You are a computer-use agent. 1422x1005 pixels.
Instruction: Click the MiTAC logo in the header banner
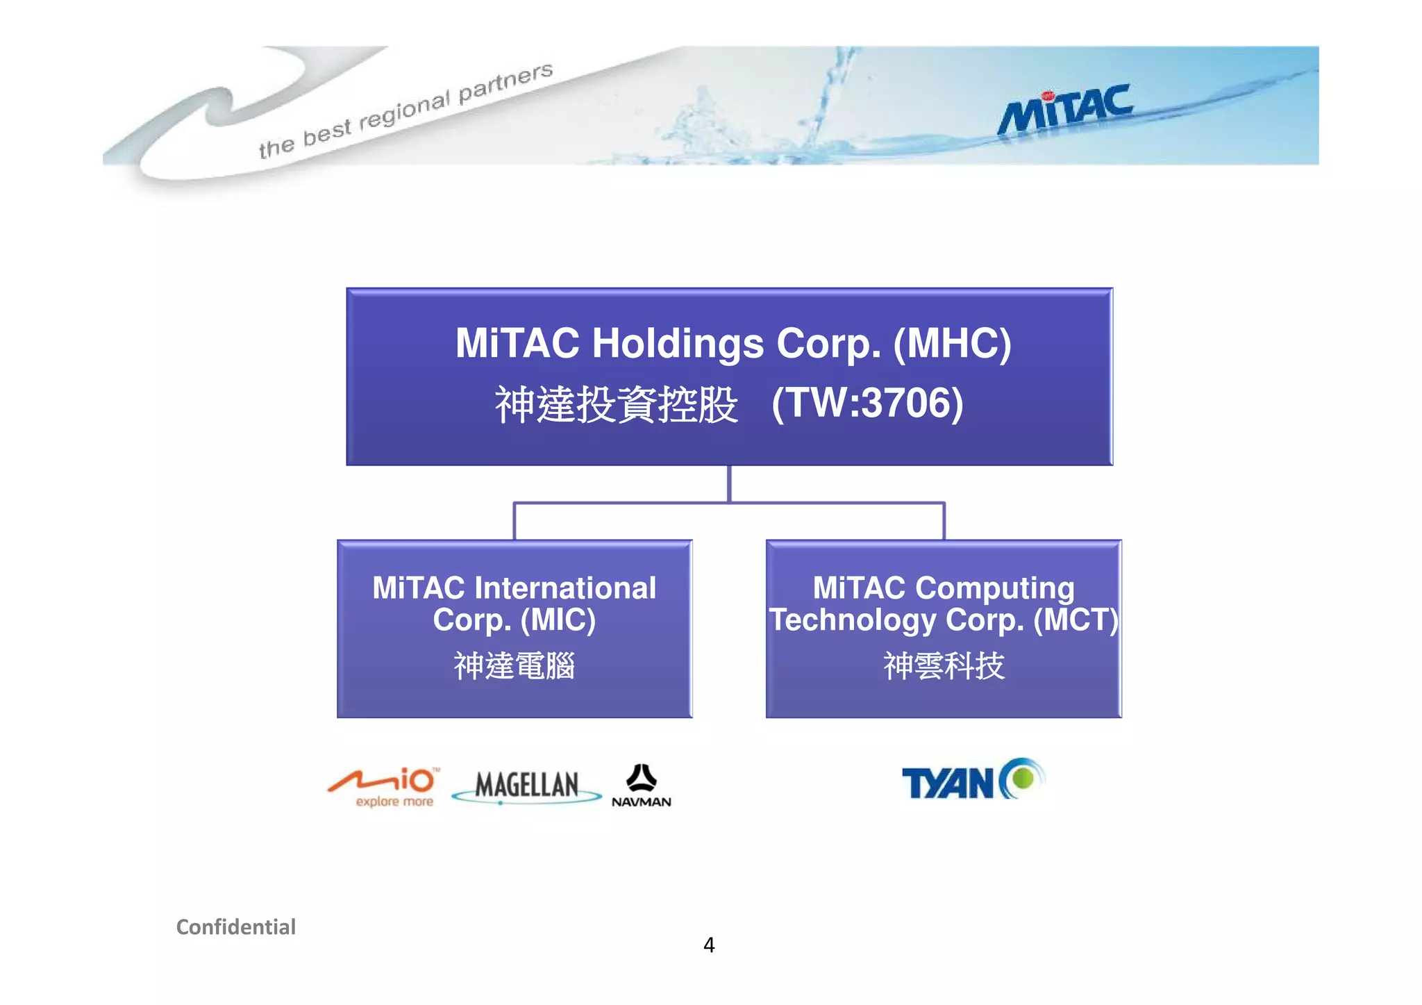click(1065, 110)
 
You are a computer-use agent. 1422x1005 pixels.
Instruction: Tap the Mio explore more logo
click(384, 787)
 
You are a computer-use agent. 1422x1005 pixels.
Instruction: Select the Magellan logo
click(527, 787)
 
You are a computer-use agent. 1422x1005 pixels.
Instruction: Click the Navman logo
click(641, 786)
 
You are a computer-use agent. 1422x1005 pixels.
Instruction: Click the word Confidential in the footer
click(235, 927)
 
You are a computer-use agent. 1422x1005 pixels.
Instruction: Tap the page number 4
click(709, 945)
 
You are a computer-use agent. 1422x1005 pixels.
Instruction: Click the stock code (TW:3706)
click(867, 403)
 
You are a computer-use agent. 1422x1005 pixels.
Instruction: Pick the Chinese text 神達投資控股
click(616, 404)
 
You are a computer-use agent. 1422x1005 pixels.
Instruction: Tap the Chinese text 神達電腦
click(514, 665)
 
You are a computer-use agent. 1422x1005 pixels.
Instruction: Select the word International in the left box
click(564, 588)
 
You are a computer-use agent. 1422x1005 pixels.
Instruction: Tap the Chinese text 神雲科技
click(944, 665)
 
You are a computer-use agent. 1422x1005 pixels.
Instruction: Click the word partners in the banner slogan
click(505, 83)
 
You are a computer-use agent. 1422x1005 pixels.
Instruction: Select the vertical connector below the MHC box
click(729, 483)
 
